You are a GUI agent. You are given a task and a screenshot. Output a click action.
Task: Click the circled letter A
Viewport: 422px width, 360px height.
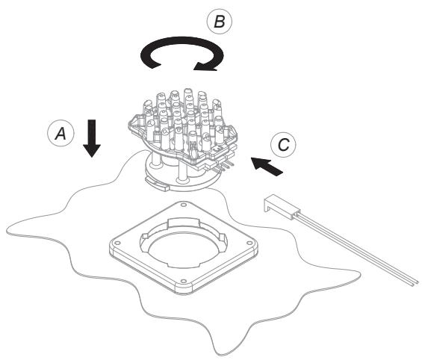(x=60, y=133)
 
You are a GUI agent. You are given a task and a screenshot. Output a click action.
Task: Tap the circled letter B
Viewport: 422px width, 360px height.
(x=220, y=21)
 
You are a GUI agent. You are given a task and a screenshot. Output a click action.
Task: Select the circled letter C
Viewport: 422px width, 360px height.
(x=283, y=144)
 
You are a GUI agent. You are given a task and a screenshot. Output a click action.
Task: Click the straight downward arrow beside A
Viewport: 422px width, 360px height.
(x=92, y=138)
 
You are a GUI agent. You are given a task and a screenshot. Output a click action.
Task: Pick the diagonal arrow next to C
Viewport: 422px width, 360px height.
(x=267, y=167)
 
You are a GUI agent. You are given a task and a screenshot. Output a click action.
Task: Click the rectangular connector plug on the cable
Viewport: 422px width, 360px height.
(x=282, y=205)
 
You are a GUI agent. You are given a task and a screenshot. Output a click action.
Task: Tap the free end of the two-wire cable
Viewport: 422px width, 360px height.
(x=415, y=283)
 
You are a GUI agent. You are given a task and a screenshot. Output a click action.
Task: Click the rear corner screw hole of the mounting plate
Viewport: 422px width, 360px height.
(x=184, y=205)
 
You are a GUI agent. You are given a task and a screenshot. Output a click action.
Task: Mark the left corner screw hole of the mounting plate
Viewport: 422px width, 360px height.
(x=117, y=243)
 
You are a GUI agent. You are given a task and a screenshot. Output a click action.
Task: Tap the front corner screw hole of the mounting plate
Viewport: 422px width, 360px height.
(x=184, y=282)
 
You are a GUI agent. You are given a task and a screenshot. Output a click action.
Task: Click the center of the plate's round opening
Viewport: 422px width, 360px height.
(x=184, y=250)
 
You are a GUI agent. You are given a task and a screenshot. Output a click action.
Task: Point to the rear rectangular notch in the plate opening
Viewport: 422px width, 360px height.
(x=183, y=223)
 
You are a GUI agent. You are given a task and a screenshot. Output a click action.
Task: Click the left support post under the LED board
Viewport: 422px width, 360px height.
(x=155, y=159)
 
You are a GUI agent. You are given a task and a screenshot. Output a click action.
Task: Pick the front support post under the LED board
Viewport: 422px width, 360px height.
(x=181, y=173)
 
